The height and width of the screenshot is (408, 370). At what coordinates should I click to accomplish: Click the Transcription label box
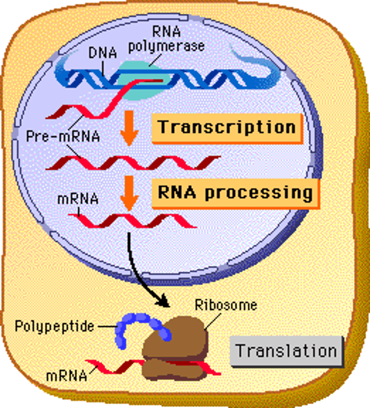[227, 128]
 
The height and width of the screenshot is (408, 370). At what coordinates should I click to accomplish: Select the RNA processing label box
[235, 193]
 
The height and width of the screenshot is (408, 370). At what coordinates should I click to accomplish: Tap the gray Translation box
[286, 351]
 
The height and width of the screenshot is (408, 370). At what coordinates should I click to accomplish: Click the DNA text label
[102, 53]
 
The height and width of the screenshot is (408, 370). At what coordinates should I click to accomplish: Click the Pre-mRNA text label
[63, 137]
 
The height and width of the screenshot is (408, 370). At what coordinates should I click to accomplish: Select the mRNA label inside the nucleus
[78, 199]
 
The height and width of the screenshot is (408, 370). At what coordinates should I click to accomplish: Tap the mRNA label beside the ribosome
[66, 376]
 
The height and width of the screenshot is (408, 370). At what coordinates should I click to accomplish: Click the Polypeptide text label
[54, 326]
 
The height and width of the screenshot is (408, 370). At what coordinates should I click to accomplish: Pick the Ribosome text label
[226, 305]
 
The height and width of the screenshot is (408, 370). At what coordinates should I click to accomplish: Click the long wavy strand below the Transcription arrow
[133, 163]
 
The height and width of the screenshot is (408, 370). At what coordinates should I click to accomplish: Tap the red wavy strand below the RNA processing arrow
[133, 221]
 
